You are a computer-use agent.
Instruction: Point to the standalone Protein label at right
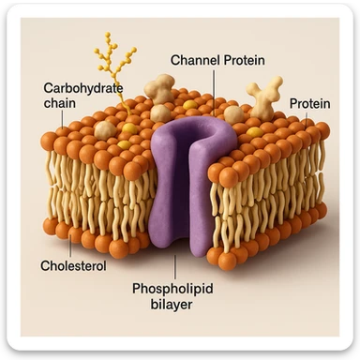coord(308,103)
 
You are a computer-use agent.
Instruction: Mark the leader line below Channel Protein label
coord(215,89)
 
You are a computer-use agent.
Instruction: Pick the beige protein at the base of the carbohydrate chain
coord(106,129)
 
